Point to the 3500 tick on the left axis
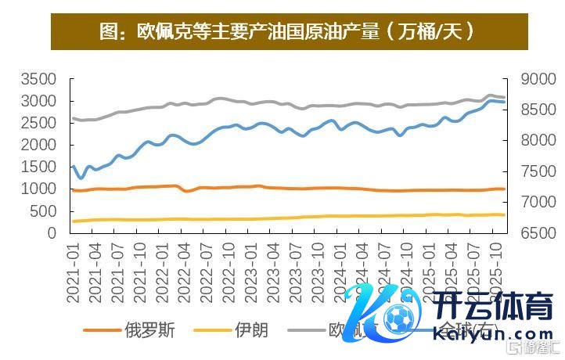[x=39, y=79]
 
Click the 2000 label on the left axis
[x=39, y=145]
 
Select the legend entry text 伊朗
[x=251, y=329]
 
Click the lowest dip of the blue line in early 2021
[x=81, y=178]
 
